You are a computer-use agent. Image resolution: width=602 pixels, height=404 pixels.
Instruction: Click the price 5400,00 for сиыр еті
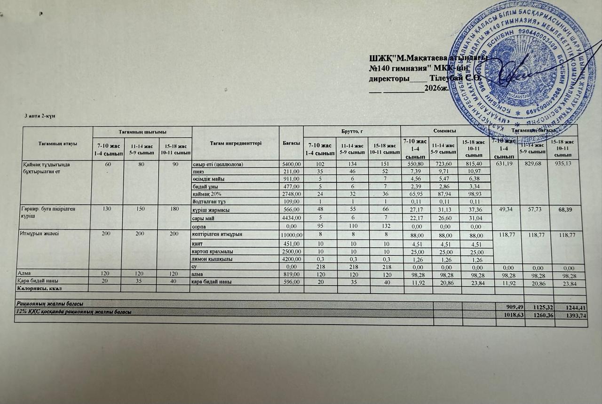coord(291,164)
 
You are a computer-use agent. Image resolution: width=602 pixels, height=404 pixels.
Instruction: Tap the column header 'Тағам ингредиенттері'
coord(235,143)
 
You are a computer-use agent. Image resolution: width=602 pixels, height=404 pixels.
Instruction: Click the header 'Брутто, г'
coord(351,129)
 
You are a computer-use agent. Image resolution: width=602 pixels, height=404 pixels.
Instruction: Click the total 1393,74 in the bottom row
coord(574,316)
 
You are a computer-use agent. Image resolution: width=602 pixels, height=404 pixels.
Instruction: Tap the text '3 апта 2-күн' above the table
coord(40,116)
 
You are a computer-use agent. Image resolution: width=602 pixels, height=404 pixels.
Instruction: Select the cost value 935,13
coord(564,164)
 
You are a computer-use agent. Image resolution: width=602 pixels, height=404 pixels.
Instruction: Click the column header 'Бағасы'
coord(291,143)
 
